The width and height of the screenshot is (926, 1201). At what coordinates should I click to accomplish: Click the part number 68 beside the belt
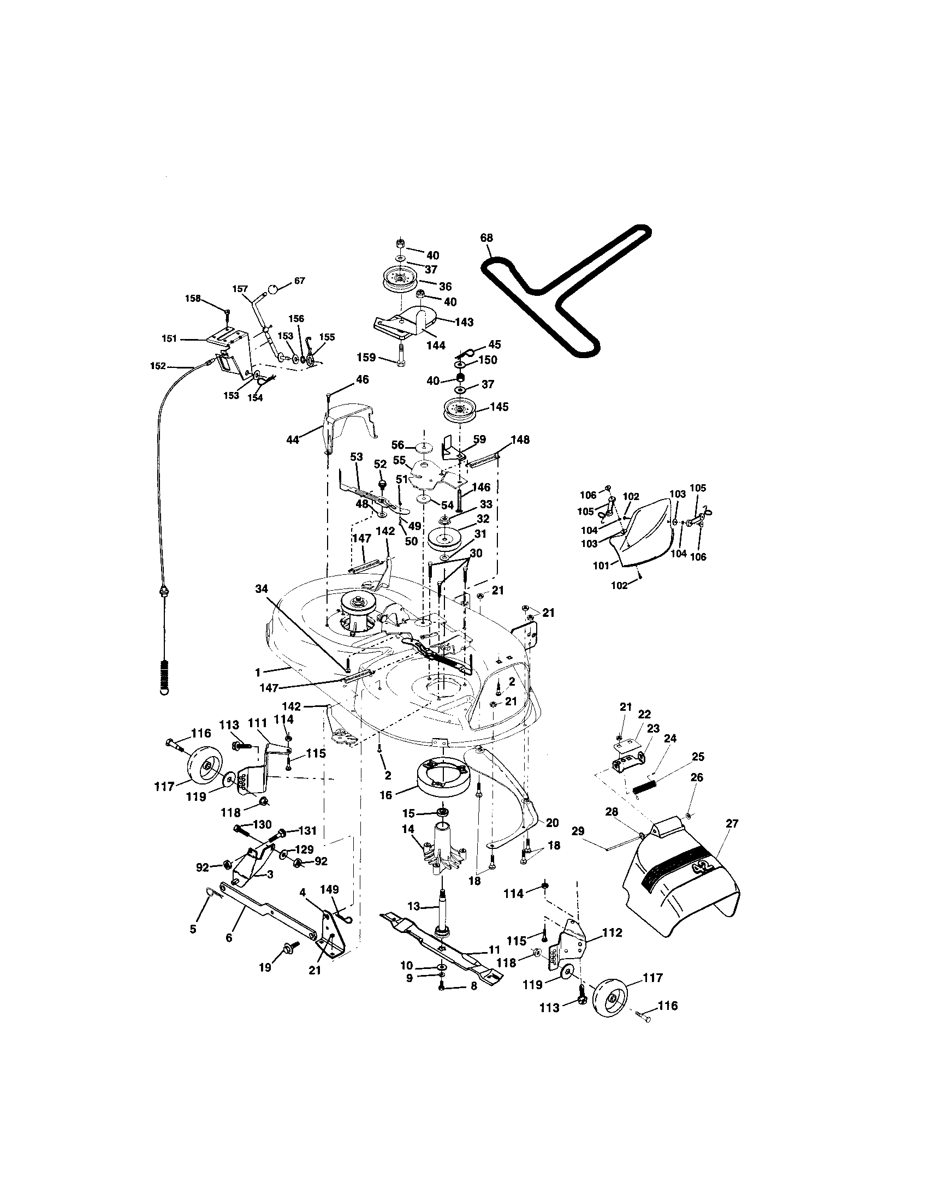tap(486, 238)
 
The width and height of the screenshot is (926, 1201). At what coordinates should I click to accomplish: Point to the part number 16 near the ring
tap(386, 796)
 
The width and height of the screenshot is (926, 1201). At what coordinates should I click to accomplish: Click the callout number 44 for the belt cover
tap(293, 439)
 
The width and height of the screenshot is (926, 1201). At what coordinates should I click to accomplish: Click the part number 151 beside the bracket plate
tap(169, 340)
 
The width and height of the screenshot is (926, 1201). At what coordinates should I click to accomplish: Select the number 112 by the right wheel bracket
tap(612, 932)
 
